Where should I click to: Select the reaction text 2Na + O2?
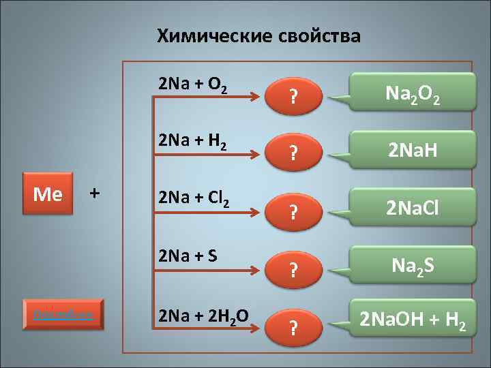coord(192,85)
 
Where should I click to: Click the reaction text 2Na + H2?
coord(192,141)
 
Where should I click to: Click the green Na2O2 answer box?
coord(413,92)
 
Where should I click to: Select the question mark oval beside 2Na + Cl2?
coord(293,211)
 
